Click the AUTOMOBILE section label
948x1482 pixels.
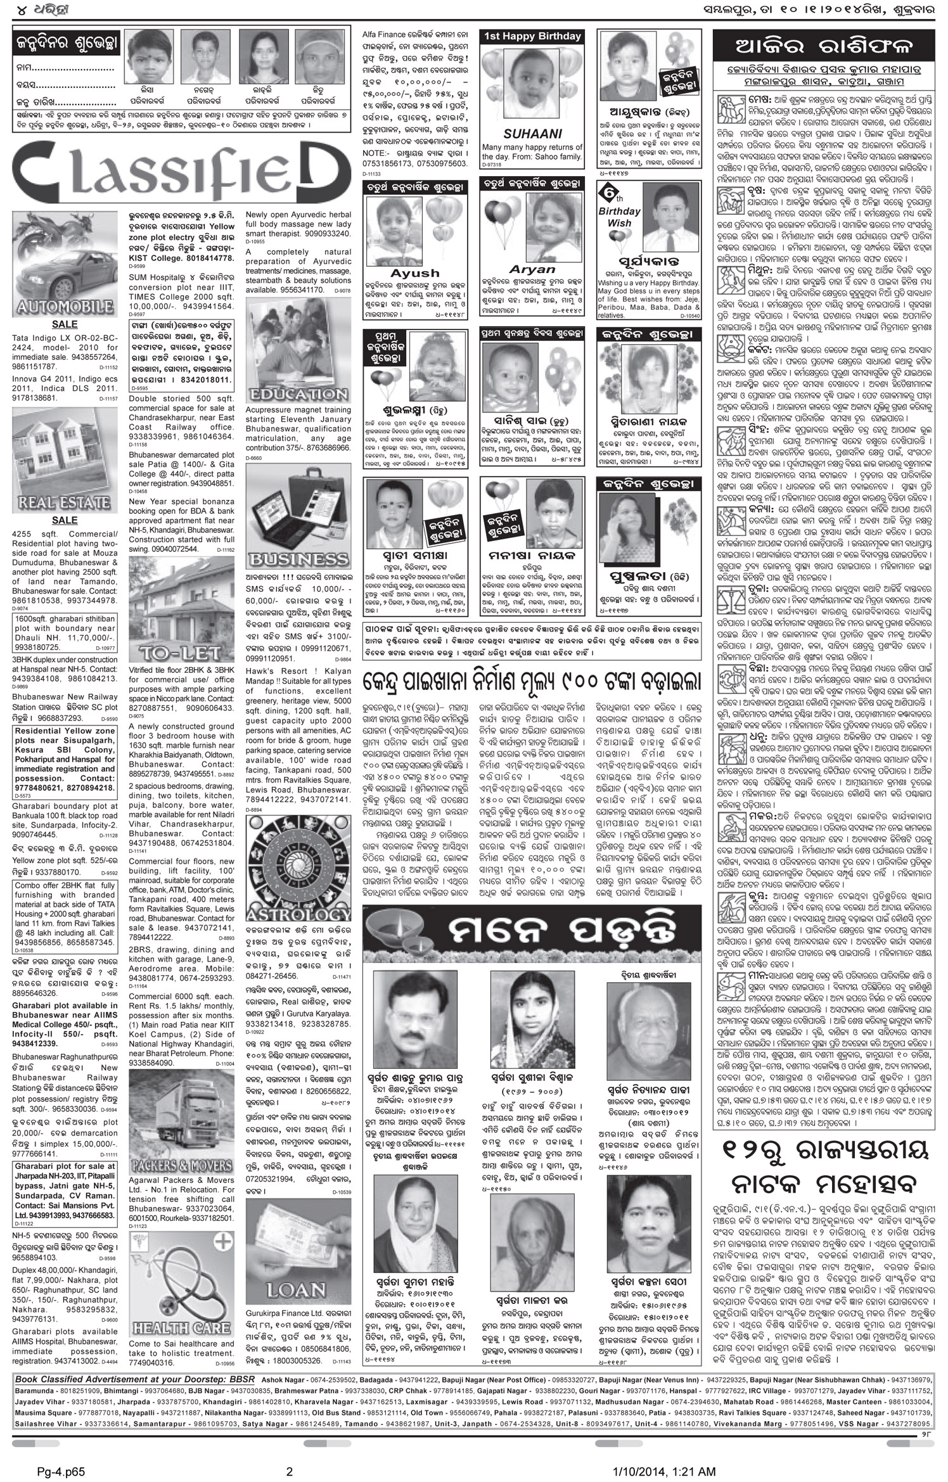pos(64,309)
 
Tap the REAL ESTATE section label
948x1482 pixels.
pos(64,503)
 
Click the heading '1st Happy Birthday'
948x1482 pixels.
pos(532,37)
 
